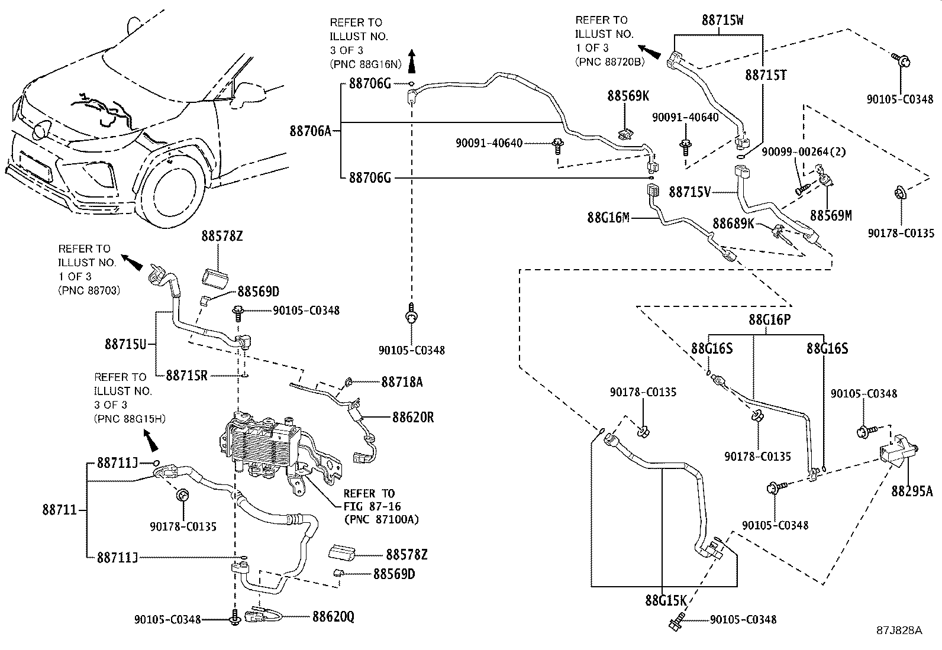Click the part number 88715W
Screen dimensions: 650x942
[722, 20]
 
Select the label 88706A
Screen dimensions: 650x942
[310, 131]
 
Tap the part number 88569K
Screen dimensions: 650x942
[628, 96]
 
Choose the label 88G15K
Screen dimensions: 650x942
[665, 601]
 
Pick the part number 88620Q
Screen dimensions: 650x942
[333, 617]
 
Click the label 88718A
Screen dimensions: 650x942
[402, 382]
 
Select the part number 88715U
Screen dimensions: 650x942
[125, 344]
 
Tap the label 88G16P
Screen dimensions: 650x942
[769, 320]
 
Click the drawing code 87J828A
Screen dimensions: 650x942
[899, 630]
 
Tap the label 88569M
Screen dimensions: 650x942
[831, 216]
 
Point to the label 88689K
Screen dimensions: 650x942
[733, 224]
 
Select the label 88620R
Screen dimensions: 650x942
[413, 418]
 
